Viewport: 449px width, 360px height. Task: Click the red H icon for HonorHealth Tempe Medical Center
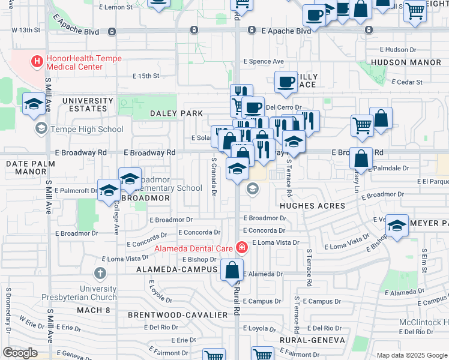coord(37,61)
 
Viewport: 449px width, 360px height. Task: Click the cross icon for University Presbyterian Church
coord(100,274)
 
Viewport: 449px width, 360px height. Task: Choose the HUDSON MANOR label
coord(401,62)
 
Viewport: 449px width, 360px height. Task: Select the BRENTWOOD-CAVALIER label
coord(178,314)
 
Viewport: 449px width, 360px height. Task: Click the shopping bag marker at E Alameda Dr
coord(232,271)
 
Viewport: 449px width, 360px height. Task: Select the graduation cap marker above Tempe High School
coord(34,104)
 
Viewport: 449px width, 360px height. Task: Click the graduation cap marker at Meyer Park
coord(397,226)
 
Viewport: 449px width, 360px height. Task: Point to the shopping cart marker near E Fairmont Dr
coord(262,355)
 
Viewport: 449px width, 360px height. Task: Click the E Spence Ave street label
coord(263,61)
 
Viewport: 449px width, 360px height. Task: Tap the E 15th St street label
coord(146,76)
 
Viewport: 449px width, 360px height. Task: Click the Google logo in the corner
coord(20,353)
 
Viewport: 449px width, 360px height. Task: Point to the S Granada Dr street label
coord(214,176)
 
